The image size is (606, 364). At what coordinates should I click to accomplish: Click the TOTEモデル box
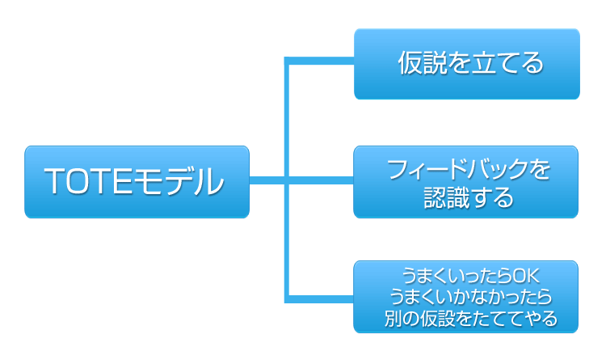(137, 182)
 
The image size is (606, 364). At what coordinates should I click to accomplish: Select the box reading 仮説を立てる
(466, 64)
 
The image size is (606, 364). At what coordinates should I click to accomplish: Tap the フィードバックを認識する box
(466, 182)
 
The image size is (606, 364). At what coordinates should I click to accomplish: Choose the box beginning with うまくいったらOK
(466, 297)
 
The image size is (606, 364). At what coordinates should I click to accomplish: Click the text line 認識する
(468, 197)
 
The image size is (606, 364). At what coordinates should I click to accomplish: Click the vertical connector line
(287, 121)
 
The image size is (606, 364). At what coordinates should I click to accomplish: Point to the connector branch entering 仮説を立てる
(323, 60)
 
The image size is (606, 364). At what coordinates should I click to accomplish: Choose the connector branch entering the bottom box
(323, 299)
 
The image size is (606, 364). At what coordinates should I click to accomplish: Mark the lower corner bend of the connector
(288, 299)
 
